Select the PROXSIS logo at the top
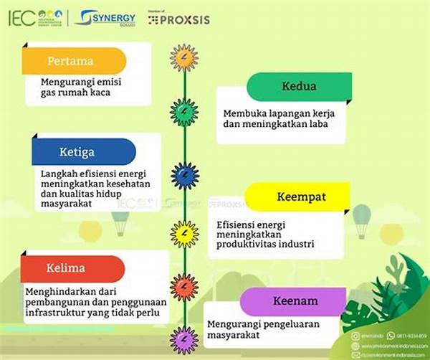coord(179,19)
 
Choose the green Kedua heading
coord(300,86)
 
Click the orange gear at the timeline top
coord(184,57)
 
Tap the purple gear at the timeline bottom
coord(184,339)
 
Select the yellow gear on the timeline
coord(184,233)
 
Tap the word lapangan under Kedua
coord(282,113)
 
